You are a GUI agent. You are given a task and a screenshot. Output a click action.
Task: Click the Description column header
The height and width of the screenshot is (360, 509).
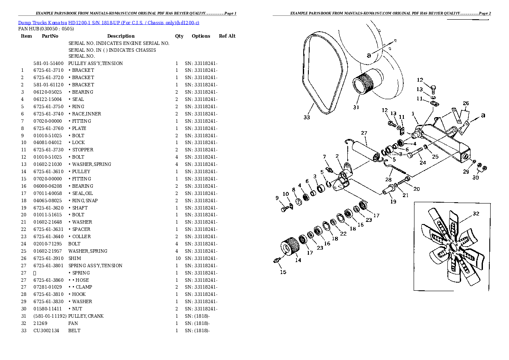[x=121, y=36]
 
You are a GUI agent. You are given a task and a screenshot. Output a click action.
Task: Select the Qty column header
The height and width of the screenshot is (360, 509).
[x=179, y=36]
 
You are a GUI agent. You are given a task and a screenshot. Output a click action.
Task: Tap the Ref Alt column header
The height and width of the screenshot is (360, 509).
[x=227, y=36]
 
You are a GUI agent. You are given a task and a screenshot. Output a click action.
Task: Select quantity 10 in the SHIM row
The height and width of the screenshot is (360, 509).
[x=177, y=258]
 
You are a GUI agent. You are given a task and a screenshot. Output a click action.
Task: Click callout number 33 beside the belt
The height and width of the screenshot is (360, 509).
[x=306, y=118]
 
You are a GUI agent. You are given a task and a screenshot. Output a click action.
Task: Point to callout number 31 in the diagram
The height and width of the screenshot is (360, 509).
[x=356, y=107]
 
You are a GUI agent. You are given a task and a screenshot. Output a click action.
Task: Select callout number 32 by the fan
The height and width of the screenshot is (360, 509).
[x=476, y=213]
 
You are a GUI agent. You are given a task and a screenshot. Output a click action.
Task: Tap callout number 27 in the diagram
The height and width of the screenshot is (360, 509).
[x=364, y=133]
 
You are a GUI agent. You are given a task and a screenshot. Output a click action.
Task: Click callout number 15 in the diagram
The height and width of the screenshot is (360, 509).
[x=283, y=272]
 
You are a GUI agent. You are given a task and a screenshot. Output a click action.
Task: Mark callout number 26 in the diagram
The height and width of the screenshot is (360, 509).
[x=466, y=103]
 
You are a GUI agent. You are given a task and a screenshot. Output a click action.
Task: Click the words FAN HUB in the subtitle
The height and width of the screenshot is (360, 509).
[x=29, y=29]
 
